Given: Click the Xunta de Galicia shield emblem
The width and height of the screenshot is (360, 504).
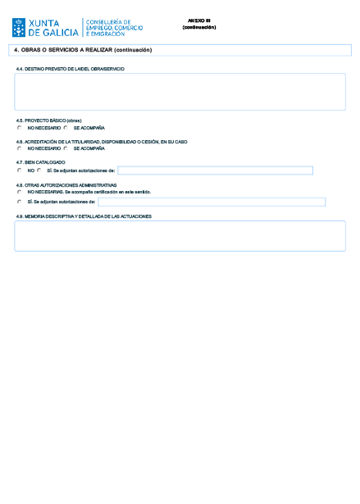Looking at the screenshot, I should pyautogui.click(x=18, y=28).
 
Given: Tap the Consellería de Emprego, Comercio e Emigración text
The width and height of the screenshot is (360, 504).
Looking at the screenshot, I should pyautogui.click(x=114, y=28).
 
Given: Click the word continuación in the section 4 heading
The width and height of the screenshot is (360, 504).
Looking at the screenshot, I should pyautogui.click(x=133, y=50).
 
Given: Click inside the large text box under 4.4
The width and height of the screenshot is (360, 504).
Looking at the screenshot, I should pyautogui.click(x=180, y=91).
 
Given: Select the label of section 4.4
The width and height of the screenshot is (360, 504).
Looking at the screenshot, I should pyautogui.click(x=70, y=69).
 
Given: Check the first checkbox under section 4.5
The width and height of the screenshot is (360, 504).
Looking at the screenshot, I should pyautogui.click(x=20, y=128).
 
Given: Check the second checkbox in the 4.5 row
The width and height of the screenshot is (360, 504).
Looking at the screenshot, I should pyautogui.click(x=66, y=128).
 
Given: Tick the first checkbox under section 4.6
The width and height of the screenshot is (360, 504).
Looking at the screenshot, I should pyautogui.click(x=20, y=149).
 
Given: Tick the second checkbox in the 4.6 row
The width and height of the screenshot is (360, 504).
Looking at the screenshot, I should pyautogui.click(x=66, y=149).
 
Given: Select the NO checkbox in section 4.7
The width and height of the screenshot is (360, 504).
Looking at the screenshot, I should pyautogui.click(x=20, y=170).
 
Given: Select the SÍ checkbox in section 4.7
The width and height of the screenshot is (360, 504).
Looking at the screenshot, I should pyautogui.click(x=39, y=170).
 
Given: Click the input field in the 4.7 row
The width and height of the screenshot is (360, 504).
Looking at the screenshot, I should pyautogui.click(x=215, y=170).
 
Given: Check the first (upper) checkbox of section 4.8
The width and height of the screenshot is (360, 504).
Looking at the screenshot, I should pyautogui.click(x=20, y=192).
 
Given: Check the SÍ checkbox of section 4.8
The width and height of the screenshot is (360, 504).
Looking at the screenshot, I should pyautogui.click(x=20, y=202).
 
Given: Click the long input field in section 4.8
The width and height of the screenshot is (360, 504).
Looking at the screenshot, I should pyautogui.click(x=212, y=202).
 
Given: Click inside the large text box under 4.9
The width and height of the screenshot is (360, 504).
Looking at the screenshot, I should pyautogui.click(x=180, y=235).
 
